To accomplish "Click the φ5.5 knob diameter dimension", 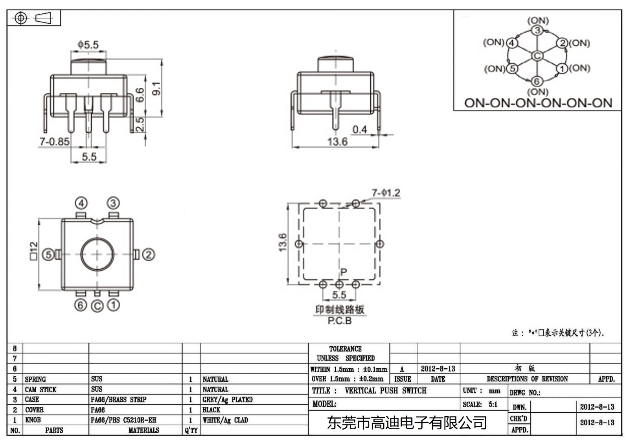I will click(88, 45).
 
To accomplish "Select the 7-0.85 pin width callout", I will click(54, 142).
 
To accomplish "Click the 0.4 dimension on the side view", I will click(359, 129).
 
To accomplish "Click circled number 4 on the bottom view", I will click(81, 203).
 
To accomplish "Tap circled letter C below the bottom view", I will click(97, 306).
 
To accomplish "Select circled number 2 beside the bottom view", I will click(148, 255).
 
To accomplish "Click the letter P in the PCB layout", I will click(344, 272).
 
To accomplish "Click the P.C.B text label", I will click(339, 321).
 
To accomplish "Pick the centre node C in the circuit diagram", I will click(537, 56).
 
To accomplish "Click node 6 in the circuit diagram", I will click(537, 81).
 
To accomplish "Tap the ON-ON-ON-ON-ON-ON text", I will click(538, 103).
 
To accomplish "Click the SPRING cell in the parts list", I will click(35, 379).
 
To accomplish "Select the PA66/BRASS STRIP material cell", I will click(118, 400).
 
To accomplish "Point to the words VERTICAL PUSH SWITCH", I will click(385, 391).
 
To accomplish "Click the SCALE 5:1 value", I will click(493, 404).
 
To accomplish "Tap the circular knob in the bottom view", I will click(97, 255).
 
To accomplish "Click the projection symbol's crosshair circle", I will click(21, 18).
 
